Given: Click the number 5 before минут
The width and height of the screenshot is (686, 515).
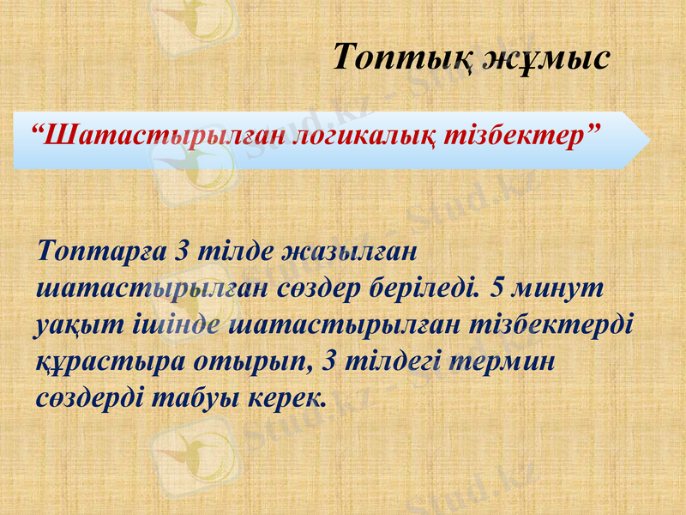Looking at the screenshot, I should (497, 288).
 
